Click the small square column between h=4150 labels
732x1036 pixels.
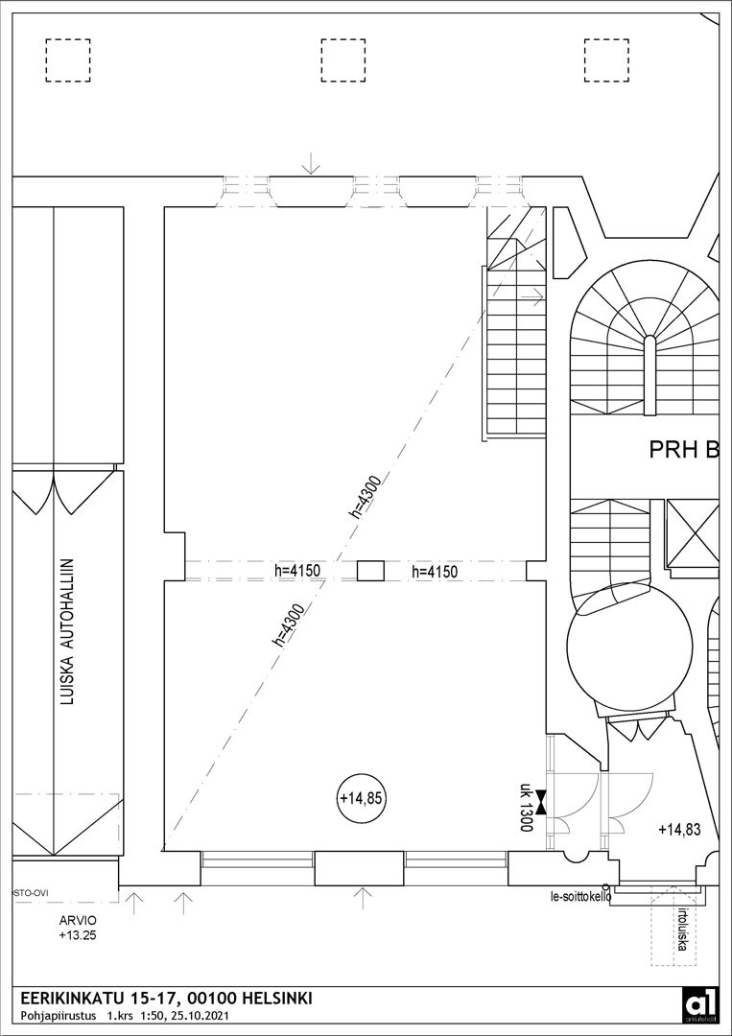(370, 571)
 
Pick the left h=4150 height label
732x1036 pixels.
(296, 571)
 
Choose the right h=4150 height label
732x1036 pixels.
(435, 572)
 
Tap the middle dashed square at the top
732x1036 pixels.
(342, 60)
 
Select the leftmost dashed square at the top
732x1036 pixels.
(67, 60)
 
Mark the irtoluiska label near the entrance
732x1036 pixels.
(683, 930)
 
